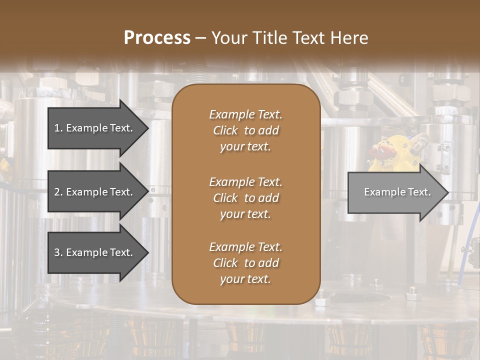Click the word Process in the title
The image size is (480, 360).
pyautogui.click(x=157, y=37)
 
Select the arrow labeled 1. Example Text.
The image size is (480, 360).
pyautogui.click(x=95, y=128)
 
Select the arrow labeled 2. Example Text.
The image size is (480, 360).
pyautogui.click(x=95, y=192)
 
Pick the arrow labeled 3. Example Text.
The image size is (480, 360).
pyautogui.click(x=95, y=252)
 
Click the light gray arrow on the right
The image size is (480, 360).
pyautogui.click(x=395, y=192)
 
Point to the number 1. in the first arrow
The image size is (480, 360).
pyautogui.click(x=58, y=128)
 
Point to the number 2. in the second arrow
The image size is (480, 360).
pyautogui.click(x=58, y=192)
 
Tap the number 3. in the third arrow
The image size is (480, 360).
pyautogui.click(x=58, y=252)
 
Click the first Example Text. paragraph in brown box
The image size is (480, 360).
pyautogui.click(x=245, y=130)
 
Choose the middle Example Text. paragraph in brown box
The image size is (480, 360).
pyautogui.click(x=245, y=197)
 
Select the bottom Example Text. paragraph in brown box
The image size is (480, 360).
pyautogui.click(x=245, y=263)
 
